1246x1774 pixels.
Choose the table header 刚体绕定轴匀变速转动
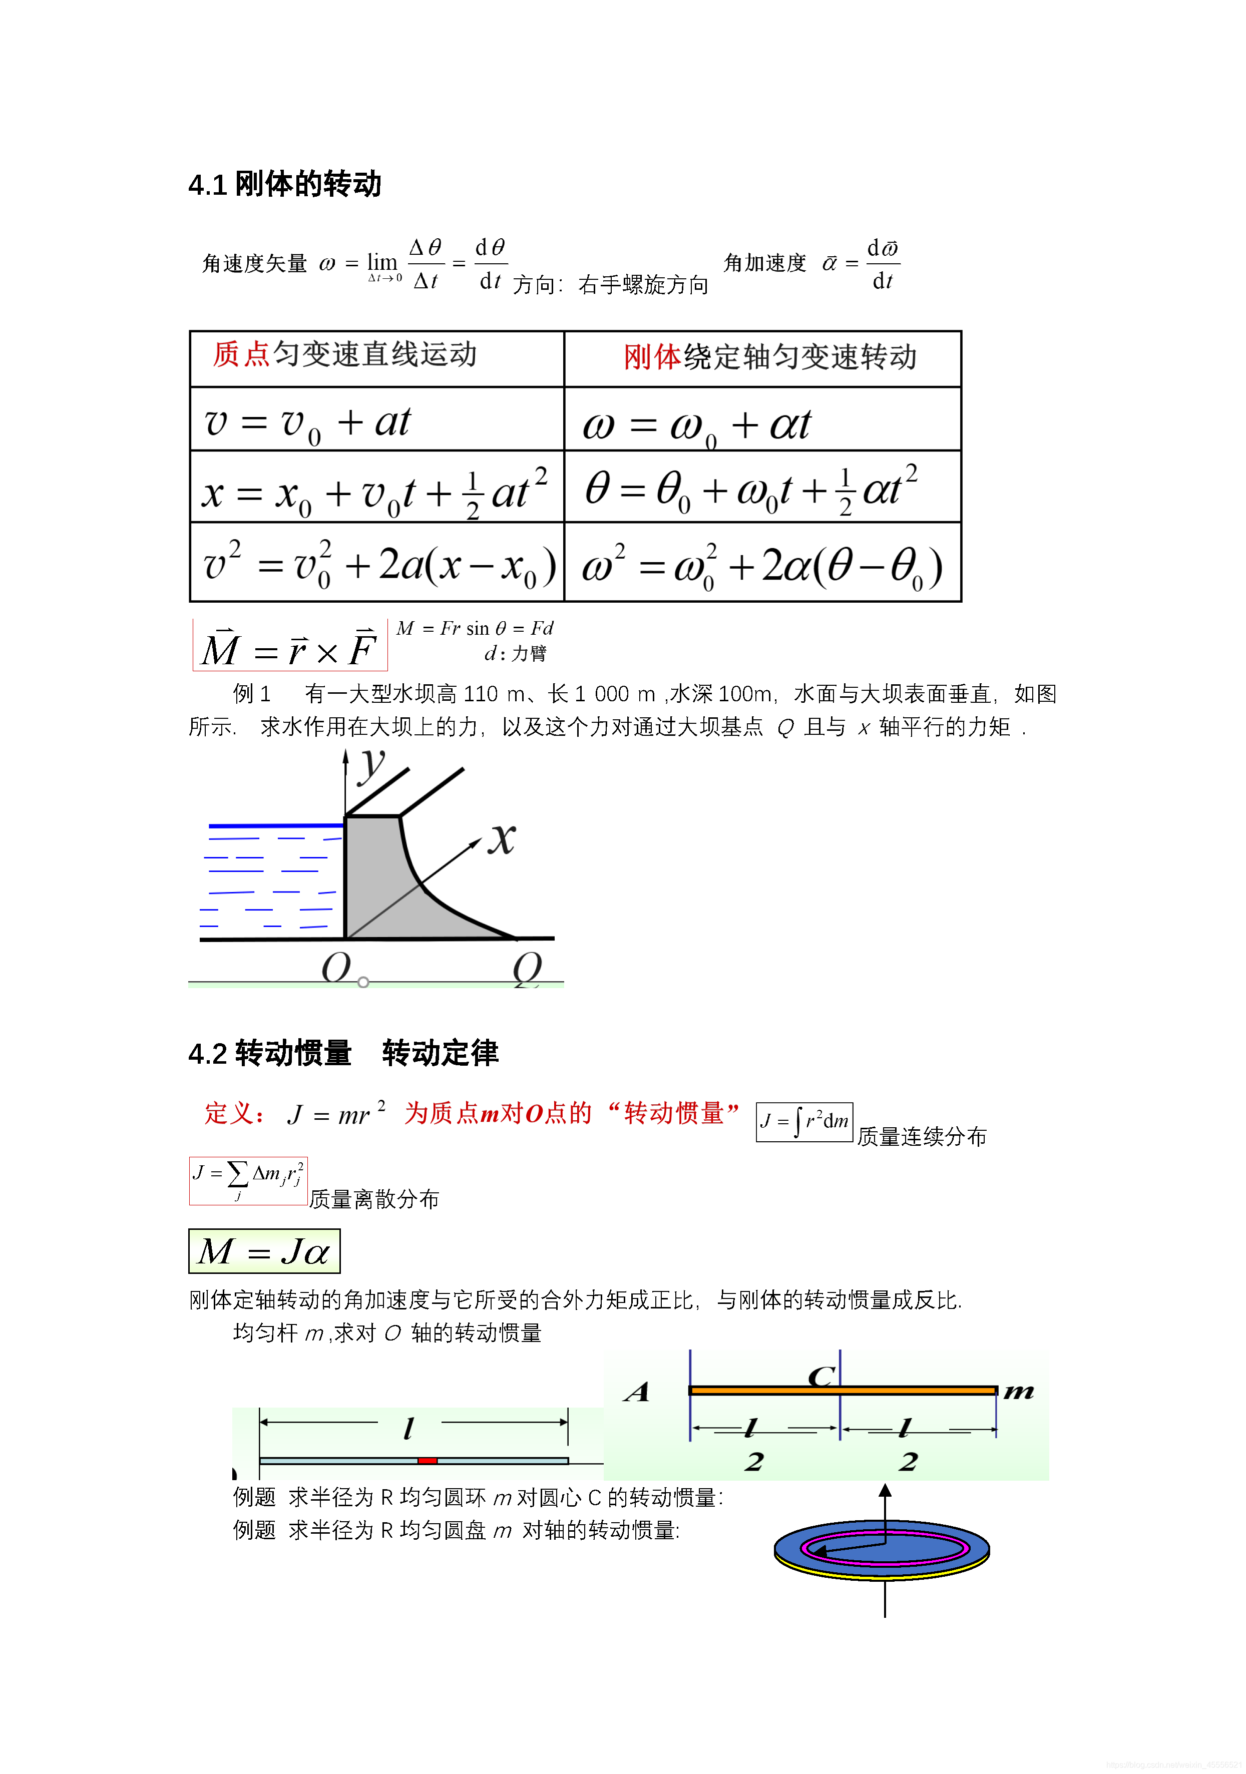tap(769, 357)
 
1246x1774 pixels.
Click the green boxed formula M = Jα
tap(264, 1251)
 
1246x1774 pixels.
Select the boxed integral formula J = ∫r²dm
tap(803, 1121)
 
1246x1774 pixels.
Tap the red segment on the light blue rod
tap(427, 1460)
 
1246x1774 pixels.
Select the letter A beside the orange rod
tap(637, 1392)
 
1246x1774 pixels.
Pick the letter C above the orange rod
tap(820, 1376)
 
